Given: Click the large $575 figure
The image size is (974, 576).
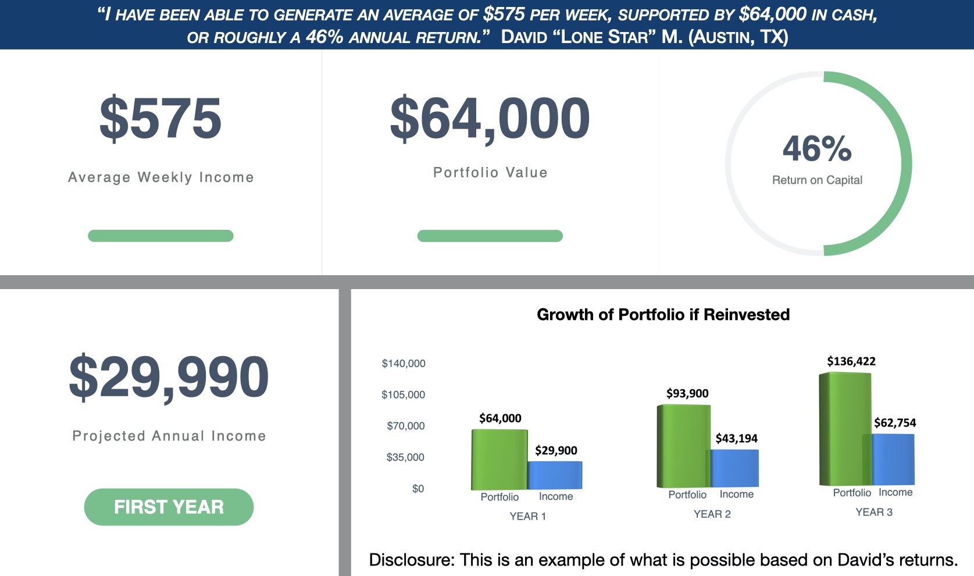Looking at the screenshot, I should pos(160,119).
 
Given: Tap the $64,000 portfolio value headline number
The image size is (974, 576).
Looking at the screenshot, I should pos(490,119).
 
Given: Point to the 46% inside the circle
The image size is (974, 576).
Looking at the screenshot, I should pos(817,149).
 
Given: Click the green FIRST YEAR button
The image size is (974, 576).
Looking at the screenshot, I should pos(169,507).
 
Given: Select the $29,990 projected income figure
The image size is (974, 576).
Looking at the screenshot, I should pos(169,377).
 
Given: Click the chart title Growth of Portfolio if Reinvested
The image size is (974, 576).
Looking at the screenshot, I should pos(663,315).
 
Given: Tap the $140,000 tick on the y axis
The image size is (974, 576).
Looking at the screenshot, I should pos(403,364).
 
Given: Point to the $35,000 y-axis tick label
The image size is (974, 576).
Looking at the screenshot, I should pos(405,457).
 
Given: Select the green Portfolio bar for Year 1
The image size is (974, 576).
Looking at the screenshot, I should pos(499,460).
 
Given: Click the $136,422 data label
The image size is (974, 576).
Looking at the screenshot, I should pos(851,361).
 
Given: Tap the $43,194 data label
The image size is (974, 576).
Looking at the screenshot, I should pos(736,438).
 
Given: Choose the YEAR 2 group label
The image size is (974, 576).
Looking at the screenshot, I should pos(712,514).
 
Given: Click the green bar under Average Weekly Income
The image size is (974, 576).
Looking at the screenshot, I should pos(160,236).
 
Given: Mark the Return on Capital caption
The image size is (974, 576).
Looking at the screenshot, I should pos(817,180).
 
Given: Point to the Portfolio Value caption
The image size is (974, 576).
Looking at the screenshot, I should pos(490,173).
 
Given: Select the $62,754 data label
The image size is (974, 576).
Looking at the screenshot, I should pos(895,423).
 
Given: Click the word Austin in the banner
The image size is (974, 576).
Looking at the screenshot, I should pos(723,37).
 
